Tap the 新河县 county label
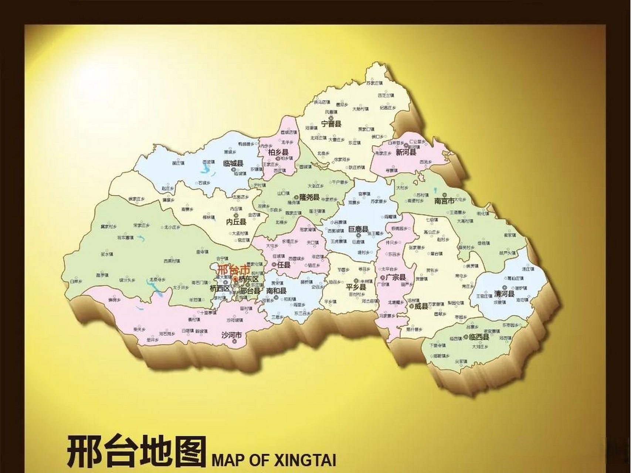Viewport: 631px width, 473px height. pos(406,152)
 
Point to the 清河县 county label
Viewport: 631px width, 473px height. pos(504,294)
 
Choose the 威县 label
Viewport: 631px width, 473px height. pos(421,306)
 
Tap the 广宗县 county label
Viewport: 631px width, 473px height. pos(396,277)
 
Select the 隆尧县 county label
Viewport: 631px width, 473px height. pos(309,197)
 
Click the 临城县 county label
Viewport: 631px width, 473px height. pos(233,163)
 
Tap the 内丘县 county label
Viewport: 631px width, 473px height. pos(236,222)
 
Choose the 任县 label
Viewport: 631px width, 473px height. pos(284,265)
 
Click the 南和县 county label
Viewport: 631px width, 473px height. pos(276,291)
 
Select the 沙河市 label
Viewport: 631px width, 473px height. pos(231,335)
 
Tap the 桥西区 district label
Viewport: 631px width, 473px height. pos(220,288)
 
